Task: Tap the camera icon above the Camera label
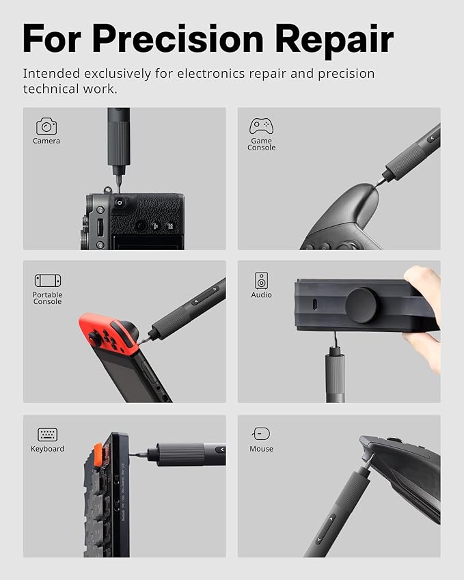coord(46,126)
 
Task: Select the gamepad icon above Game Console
coord(261,126)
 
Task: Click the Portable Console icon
coord(47,281)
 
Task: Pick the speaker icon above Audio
coord(261,280)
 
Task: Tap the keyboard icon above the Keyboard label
coord(47,434)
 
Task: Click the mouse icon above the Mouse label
coord(261,434)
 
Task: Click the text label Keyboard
coord(47,449)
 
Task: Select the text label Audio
coord(261,295)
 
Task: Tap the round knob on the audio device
coord(361,305)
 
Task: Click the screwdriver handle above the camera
coord(118,140)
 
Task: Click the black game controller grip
coord(349,212)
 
